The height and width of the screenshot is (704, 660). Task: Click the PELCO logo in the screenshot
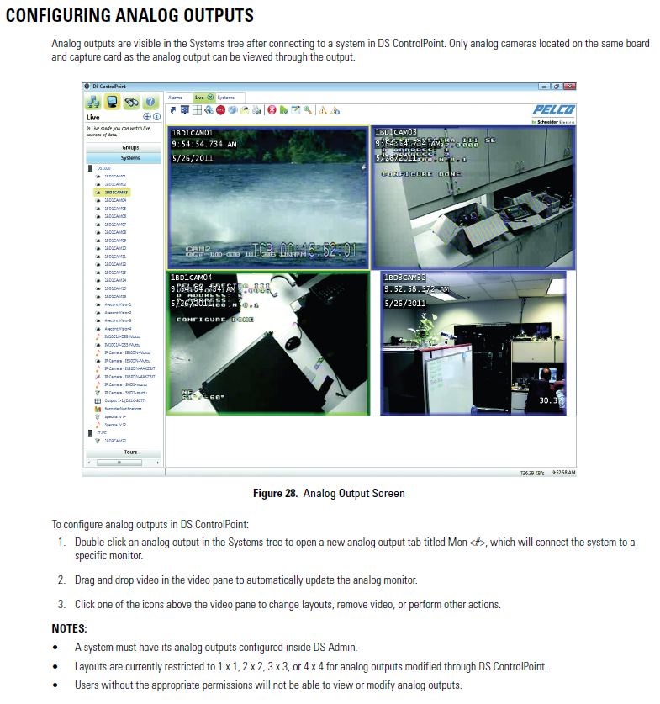tap(553, 109)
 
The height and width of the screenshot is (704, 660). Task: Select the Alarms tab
tap(175, 98)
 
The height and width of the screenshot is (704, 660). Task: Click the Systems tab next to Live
tap(226, 98)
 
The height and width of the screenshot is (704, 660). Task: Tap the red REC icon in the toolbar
tap(220, 110)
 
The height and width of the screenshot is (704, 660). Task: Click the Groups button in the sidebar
tap(130, 147)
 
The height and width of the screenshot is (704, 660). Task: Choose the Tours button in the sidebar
tap(130, 452)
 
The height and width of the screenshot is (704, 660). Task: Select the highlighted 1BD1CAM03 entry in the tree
tap(115, 193)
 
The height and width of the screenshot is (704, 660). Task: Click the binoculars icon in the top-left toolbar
tap(131, 102)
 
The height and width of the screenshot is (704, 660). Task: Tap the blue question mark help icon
tap(151, 102)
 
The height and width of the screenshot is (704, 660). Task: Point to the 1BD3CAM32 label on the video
tap(405, 278)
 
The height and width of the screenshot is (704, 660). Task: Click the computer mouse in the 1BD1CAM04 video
tap(293, 343)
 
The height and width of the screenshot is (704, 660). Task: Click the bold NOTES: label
tap(69, 628)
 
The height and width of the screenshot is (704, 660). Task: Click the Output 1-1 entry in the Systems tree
tap(124, 401)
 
